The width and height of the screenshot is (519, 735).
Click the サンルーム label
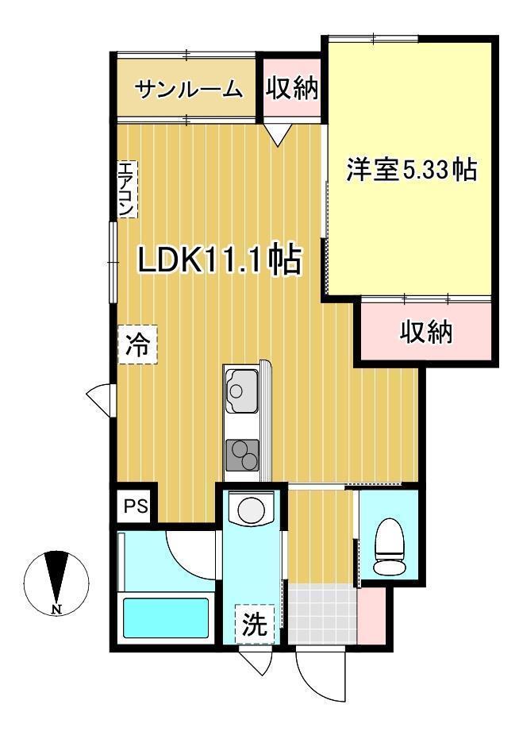tap(188, 89)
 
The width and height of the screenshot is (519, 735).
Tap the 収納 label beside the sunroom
tap(291, 88)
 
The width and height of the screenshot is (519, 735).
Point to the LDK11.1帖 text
tap(220, 260)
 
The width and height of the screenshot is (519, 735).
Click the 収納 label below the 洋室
tap(425, 331)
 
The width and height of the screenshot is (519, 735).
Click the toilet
tap(390, 545)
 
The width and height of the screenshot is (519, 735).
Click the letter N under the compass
tap(56, 610)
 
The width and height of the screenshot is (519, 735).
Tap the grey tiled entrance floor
tap(321, 614)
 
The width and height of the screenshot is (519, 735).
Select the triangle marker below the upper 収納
tap(277, 136)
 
